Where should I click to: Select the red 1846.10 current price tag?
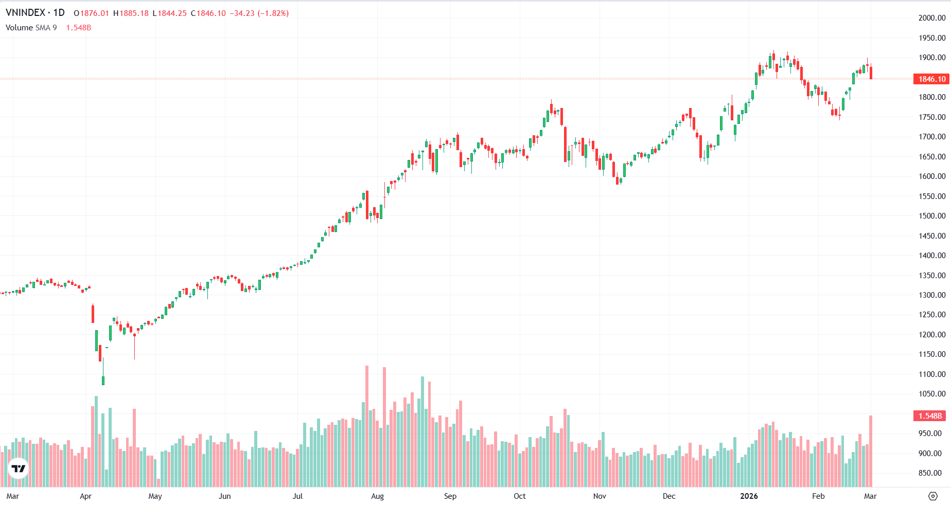931,79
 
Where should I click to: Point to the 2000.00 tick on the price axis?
932,18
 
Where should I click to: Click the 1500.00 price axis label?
932,216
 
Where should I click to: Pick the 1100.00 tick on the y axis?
932,374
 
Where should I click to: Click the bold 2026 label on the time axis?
749,496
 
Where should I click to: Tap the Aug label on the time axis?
377,496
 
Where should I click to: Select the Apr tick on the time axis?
85,496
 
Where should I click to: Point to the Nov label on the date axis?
600,496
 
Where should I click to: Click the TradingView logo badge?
19,468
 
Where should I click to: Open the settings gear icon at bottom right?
932,496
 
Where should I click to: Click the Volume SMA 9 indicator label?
31,28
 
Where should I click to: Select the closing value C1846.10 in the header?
208,13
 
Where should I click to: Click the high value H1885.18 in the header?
131,13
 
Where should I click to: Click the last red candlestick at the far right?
871,73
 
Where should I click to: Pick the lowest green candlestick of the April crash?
103,380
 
